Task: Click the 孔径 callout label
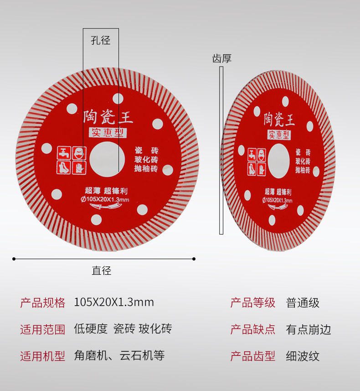(101, 41)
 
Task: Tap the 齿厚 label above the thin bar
(222, 58)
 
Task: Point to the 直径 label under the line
(101, 271)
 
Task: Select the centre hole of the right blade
(278, 160)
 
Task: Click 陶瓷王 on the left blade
(108, 117)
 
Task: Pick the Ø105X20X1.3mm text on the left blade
(105, 199)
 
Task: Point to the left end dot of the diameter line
(14, 259)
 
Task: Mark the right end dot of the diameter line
(194, 259)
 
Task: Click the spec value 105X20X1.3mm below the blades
(114, 302)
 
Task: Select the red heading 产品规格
(43, 302)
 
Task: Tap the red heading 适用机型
(43, 356)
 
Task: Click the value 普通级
(303, 302)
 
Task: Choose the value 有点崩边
(309, 329)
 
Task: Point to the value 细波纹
(303, 356)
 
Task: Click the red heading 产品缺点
(253, 329)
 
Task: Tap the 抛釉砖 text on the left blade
(146, 169)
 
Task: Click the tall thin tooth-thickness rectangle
(221, 151)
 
